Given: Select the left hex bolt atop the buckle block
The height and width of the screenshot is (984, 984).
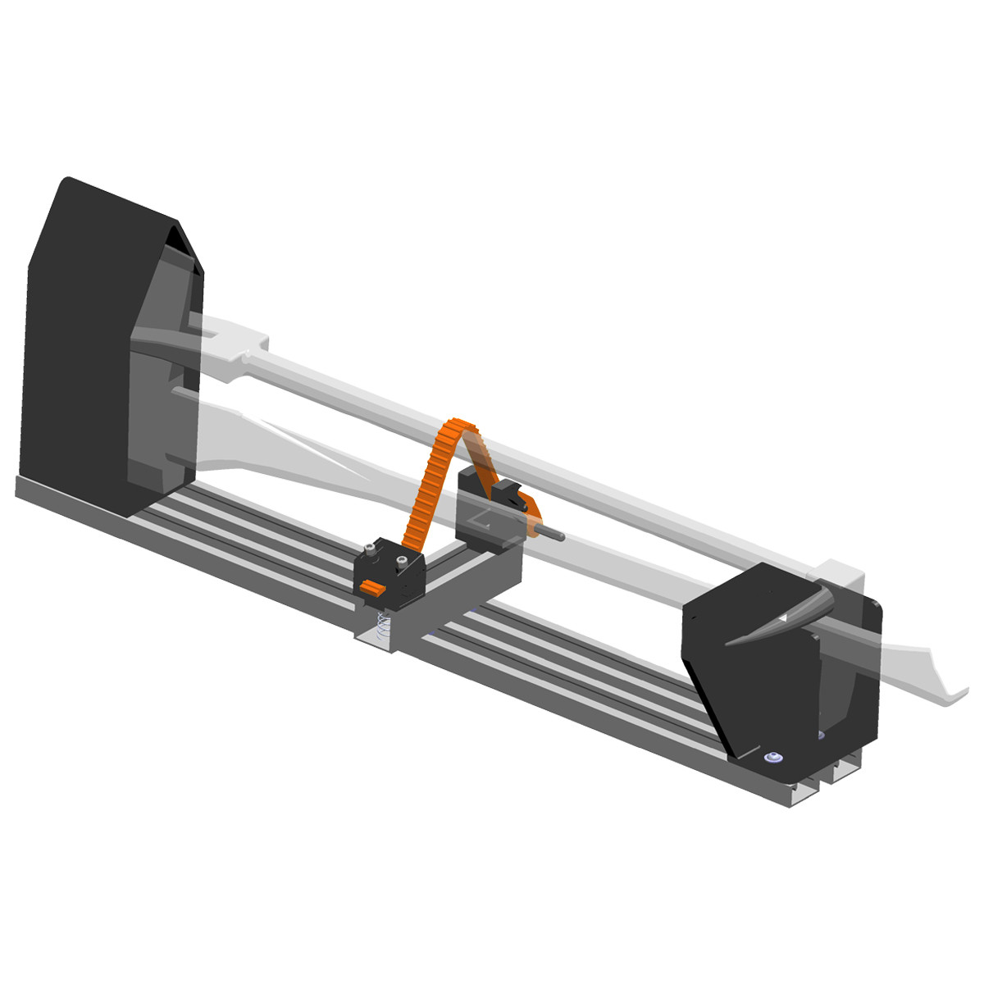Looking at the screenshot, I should (374, 548).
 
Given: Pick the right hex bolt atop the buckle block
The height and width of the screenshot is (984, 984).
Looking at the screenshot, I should (401, 562).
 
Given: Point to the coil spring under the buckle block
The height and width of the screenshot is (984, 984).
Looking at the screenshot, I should (380, 628).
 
